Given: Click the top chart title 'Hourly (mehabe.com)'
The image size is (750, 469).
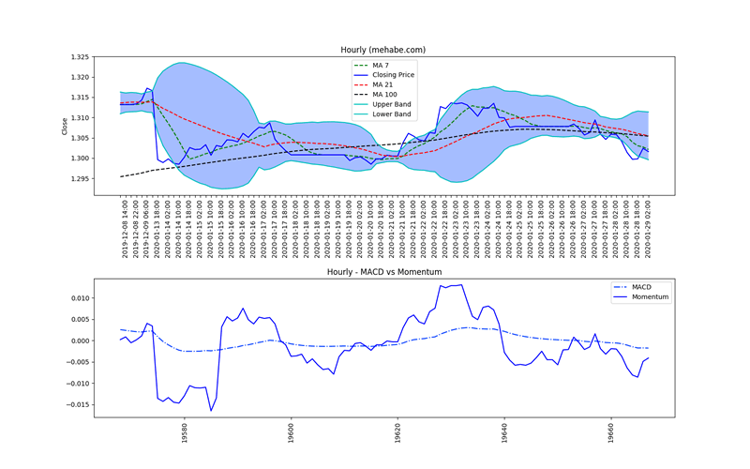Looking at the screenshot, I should tap(384, 49).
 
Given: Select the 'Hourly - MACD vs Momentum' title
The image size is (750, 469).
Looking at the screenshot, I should tap(384, 272).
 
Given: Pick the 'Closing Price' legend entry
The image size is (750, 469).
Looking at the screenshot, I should tap(393, 74).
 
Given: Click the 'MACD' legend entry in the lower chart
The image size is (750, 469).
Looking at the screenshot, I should tap(641, 286).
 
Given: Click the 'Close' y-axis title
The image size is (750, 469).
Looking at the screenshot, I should tap(64, 126).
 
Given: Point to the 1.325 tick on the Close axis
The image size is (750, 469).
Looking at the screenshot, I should tap(80, 57).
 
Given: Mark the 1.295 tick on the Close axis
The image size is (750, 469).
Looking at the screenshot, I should tap(80, 178).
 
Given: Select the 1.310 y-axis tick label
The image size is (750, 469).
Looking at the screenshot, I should tap(80, 117).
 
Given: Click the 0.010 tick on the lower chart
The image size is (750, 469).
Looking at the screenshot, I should tap(80, 298).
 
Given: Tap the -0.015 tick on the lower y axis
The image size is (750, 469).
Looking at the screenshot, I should tap(78, 405).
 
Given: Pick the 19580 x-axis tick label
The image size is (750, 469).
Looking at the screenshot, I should tap(185, 434).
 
